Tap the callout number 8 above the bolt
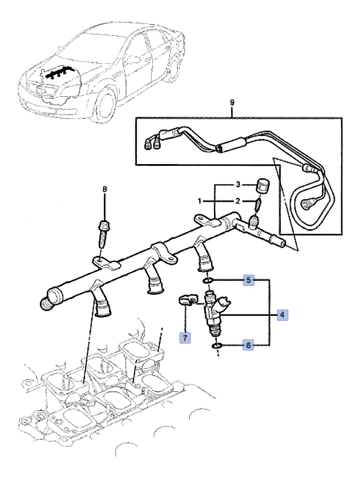105,189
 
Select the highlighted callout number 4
283,315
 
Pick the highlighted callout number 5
249,281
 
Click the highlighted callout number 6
249,346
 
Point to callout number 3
239,185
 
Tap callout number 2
239,201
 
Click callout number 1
199,201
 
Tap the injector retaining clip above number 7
186,301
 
